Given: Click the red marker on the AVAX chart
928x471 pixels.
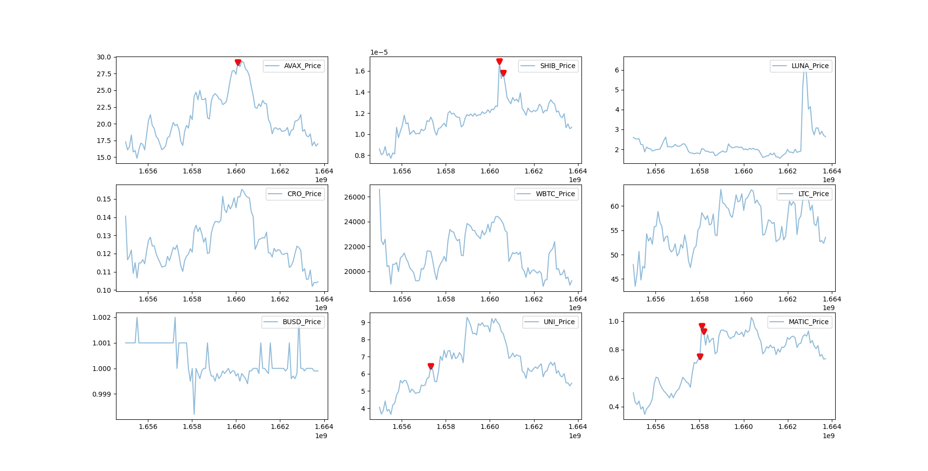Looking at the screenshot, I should coord(238,62).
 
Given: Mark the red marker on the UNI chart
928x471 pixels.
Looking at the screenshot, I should coord(431,366).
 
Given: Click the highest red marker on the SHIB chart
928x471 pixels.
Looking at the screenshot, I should coord(499,61).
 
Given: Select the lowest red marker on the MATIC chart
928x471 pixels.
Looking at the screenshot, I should coord(700,357).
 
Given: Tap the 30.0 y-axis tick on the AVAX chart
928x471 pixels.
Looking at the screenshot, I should coord(104,57).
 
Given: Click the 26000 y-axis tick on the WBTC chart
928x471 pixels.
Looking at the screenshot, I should coord(354,197).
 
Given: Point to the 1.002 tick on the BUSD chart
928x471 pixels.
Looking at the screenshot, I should coord(101,317).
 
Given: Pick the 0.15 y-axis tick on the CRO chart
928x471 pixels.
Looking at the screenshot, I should coord(104,199).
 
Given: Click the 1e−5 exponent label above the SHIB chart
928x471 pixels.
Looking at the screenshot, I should coord(379,52).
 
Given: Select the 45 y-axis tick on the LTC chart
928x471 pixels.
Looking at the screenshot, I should coord(614,279).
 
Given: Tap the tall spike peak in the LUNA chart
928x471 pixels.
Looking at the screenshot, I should coord(805,68).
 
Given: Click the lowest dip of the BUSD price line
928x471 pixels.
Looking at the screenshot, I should coord(194,414).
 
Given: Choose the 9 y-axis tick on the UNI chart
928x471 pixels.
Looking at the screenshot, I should coord(363,323).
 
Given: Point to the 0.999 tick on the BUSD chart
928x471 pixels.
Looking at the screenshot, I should coord(101,394).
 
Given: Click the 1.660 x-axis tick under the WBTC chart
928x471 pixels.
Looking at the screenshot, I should coord(490,299).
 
